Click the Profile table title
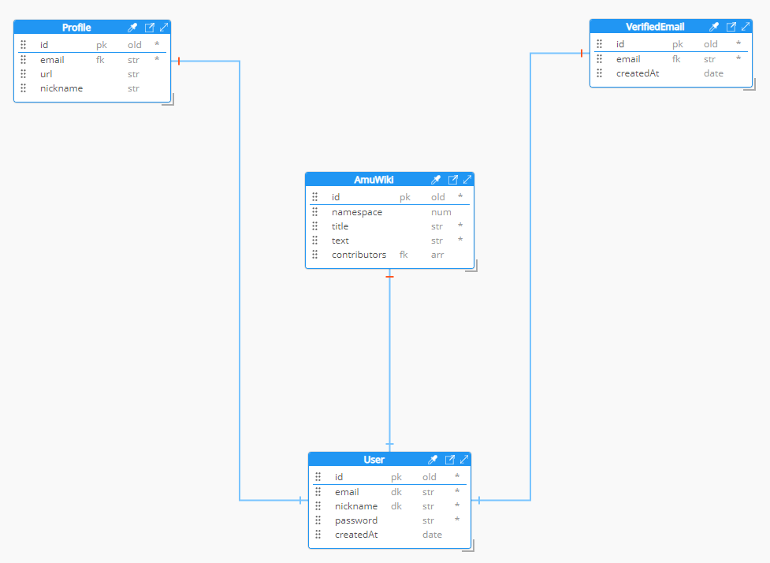[x=76, y=28]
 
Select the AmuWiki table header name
[x=374, y=180]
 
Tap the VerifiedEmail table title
[x=655, y=27]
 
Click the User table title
[x=374, y=460]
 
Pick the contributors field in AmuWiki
[x=359, y=255]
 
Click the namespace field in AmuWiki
[x=357, y=212]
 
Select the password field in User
[x=356, y=520]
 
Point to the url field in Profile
[x=46, y=74]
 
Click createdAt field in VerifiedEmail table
[x=638, y=73]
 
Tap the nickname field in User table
[x=356, y=506]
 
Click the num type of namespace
[x=441, y=212]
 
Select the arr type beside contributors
[x=437, y=255]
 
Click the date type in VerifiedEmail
[x=713, y=73]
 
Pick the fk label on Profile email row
[x=100, y=60]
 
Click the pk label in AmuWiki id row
[x=404, y=197]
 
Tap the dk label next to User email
[x=396, y=492]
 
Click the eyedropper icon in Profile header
[x=132, y=28]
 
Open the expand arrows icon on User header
[x=464, y=460]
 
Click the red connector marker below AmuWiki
[x=389, y=277]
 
